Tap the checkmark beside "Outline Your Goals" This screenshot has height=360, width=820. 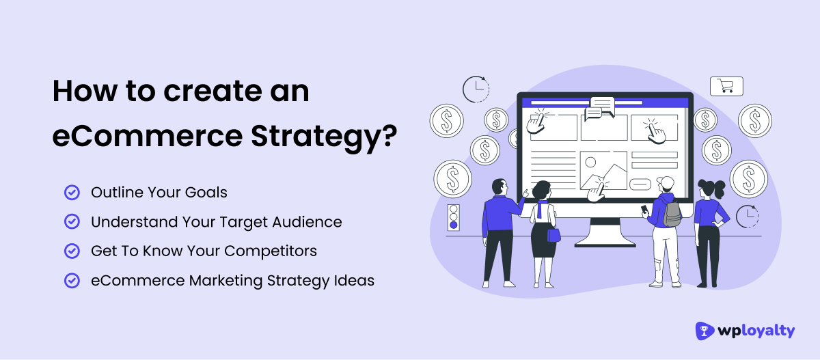[71, 193]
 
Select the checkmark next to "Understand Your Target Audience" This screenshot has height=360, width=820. [71, 222]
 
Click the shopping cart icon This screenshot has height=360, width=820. [726, 86]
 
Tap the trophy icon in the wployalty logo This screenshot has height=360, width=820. [705, 331]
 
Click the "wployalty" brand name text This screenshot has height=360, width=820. [756, 331]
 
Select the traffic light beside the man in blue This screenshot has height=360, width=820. [452, 217]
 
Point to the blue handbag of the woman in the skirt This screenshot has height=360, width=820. [554, 234]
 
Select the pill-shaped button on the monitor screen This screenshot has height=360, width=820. [641, 184]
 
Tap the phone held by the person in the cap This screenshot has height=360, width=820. [644, 209]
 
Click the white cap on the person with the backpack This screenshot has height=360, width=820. [664, 182]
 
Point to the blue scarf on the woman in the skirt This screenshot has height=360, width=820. [544, 208]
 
